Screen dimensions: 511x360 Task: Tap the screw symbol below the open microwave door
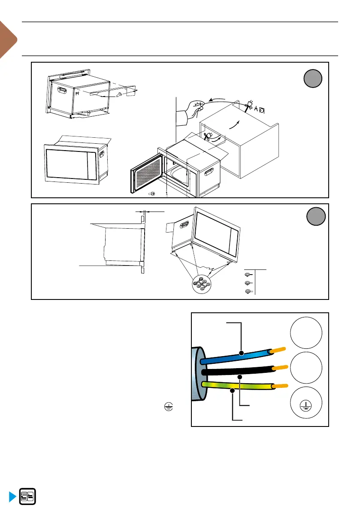click(152, 194)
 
